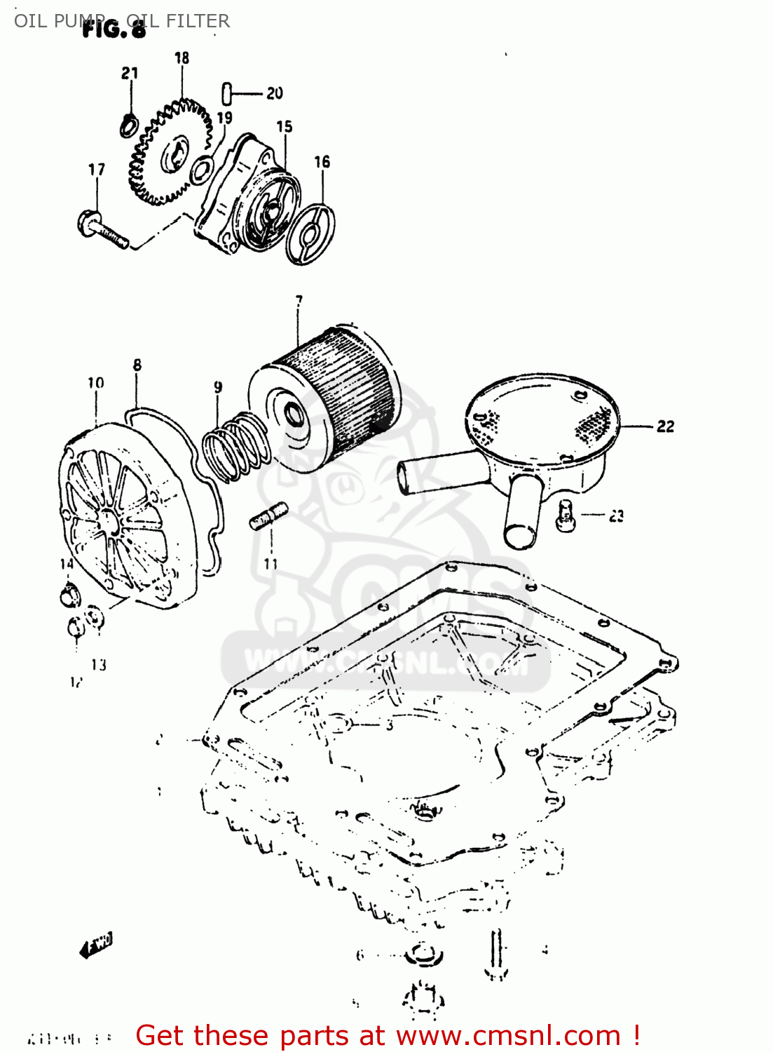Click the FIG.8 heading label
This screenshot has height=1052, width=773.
click(114, 29)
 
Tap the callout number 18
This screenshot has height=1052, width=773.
click(182, 58)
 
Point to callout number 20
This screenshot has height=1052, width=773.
click(274, 93)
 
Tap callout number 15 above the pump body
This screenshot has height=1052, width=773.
click(284, 127)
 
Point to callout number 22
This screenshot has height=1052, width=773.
click(665, 426)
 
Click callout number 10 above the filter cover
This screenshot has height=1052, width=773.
click(95, 383)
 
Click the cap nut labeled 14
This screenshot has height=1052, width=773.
click(69, 596)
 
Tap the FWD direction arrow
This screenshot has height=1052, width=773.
click(97, 946)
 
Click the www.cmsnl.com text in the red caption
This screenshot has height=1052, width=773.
click(508, 1036)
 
